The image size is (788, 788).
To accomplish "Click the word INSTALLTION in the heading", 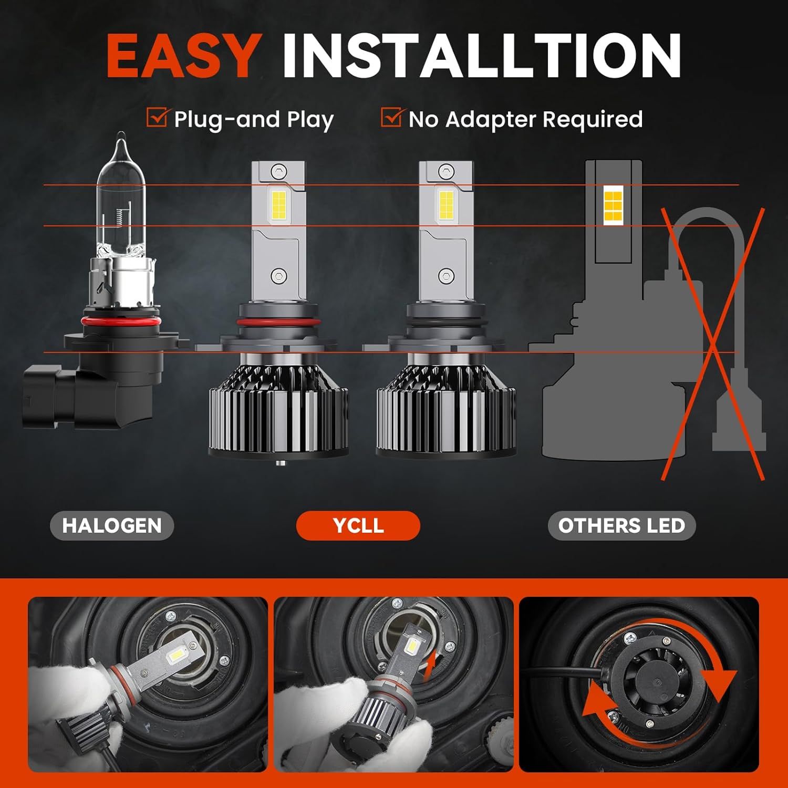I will pyautogui.click(x=481, y=56).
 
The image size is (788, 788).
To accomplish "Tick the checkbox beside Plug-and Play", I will pyautogui.click(x=157, y=118).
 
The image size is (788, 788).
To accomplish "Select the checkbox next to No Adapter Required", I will pyautogui.click(x=391, y=118).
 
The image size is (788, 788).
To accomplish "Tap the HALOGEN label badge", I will pyautogui.click(x=112, y=525).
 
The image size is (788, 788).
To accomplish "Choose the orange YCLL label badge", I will pyautogui.click(x=358, y=525).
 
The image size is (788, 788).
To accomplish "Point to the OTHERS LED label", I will pyautogui.click(x=621, y=525).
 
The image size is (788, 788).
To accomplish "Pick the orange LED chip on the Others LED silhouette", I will pyautogui.click(x=613, y=205).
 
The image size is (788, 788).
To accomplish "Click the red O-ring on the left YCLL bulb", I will pyautogui.click(x=278, y=322).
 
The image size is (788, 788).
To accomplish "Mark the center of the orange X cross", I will pyautogui.click(x=712, y=344).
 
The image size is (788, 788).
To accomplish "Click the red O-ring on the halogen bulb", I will pyautogui.click(x=120, y=320).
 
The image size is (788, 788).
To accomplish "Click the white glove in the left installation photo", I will pyautogui.click(x=68, y=693).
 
